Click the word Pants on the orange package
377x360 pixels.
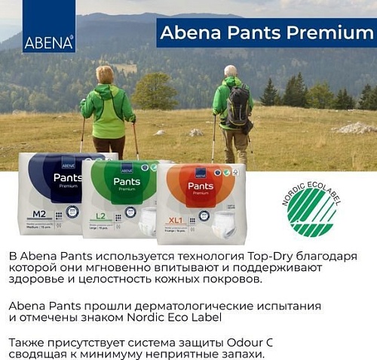pyautogui.click(x=200, y=186)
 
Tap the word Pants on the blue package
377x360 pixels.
pyautogui.click(x=68, y=178)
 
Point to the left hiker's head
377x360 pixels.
pyautogui.click(x=105, y=74)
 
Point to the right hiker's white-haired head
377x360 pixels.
pyautogui.click(x=229, y=71)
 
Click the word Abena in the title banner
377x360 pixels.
pyautogui.click(x=188, y=33)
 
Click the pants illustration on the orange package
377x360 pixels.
pyautogui.click(x=223, y=220)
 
